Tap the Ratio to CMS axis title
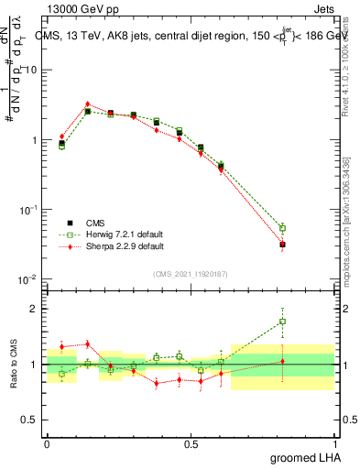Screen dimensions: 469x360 coord(13,365)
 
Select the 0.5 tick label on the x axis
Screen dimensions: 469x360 coord(191,443)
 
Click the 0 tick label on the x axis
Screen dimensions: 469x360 coord(47,443)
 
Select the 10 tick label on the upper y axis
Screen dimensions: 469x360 coord(30,71)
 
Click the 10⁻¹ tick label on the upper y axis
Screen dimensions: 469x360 coord(28,210)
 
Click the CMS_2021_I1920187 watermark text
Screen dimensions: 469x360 coord(191,274)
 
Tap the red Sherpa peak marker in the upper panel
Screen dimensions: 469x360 coord(87,104)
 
